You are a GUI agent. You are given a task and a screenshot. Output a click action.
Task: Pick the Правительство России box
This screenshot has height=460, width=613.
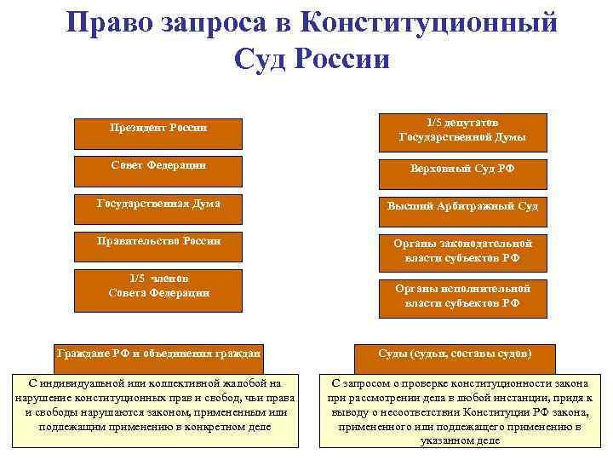coord(159,247)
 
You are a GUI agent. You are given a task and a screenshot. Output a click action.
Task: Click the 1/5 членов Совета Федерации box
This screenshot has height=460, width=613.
coord(159,288)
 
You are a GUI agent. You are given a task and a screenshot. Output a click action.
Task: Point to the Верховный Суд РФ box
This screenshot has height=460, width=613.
coord(462,170)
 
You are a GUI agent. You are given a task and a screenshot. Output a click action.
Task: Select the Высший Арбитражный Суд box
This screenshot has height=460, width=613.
coord(462,207)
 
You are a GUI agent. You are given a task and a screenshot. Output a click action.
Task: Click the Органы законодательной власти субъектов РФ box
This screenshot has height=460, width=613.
coord(462,250)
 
